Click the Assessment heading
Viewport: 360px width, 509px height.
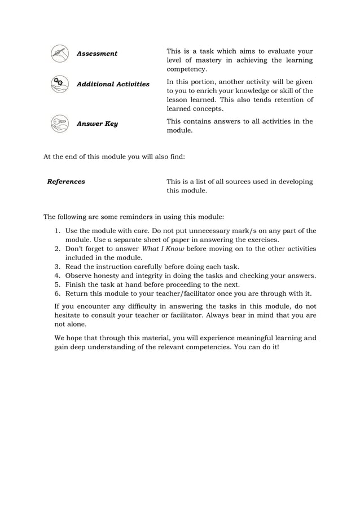pyautogui.click(x=96, y=54)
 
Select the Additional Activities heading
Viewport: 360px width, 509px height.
pyautogui.click(x=113, y=84)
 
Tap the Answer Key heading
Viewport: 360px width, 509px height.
pyautogui.click(x=97, y=124)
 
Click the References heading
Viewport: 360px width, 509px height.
pyautogui.click(x=66, y=182)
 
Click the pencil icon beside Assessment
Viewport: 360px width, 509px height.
pyautogui.click(x=58, y=54)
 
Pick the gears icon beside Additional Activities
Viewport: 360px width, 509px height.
pyautogui.click(x=58, y=84)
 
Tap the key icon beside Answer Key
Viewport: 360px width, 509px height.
pyautogui.click(x=58, y=123)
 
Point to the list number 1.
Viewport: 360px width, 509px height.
pyautogui.click(x=58, y=231)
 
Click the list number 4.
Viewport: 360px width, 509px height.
pyautogui.click(x=58, y=276)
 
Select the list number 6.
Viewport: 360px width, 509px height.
pyautogui.click(x=58, y=294)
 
